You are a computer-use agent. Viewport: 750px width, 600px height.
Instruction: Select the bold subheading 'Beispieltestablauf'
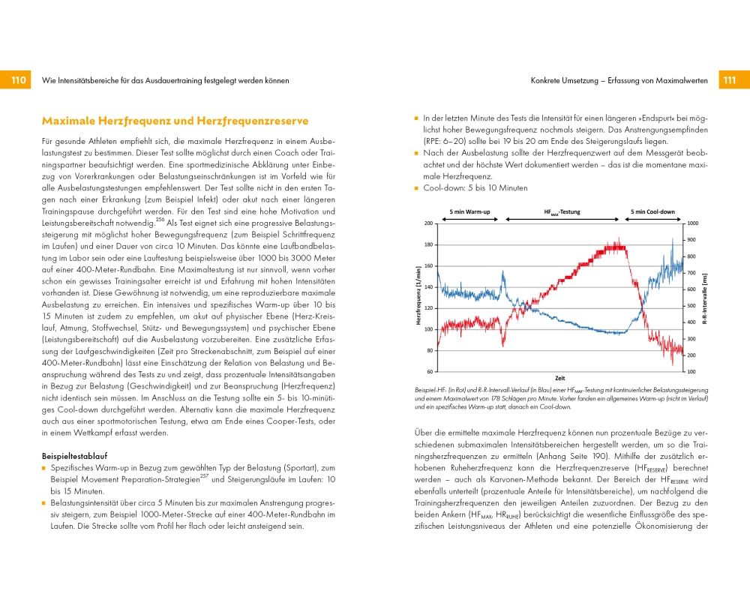point(75,455)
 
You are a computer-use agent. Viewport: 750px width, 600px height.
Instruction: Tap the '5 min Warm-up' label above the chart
point(469,212)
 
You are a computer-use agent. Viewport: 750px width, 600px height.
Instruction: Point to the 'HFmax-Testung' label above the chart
point(562,212)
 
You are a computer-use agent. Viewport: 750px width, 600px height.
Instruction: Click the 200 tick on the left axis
point(429,223)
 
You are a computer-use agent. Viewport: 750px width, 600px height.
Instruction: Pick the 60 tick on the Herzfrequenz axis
point(430,371)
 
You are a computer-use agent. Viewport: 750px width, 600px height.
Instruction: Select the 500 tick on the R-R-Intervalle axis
point(691,306)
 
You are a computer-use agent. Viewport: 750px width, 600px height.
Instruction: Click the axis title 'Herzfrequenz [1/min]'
point(418,297)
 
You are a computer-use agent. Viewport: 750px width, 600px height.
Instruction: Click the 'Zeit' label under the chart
point(559,378)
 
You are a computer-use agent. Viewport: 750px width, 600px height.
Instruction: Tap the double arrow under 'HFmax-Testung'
point(562,220)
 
